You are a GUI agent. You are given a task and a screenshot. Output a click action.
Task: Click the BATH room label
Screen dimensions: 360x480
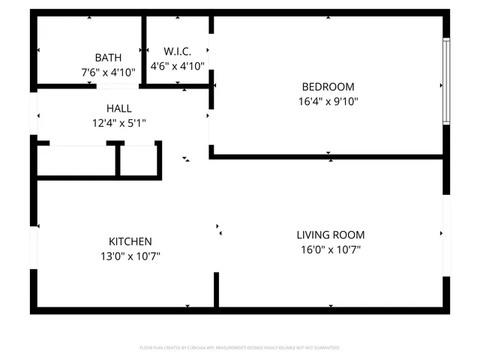109,58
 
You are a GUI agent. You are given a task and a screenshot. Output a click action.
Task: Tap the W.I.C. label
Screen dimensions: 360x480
177,52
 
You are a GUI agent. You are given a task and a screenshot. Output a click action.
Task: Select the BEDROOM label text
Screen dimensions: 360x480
328,86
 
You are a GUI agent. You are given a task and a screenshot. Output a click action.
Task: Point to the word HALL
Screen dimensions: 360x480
119,109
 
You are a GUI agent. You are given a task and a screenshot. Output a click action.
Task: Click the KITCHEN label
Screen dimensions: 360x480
130,241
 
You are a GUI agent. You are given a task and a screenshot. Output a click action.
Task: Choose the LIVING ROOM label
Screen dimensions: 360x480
330,235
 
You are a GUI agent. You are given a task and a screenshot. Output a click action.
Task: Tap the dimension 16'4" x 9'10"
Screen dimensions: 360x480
328,100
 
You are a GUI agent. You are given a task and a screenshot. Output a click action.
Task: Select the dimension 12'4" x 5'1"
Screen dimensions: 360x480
119,123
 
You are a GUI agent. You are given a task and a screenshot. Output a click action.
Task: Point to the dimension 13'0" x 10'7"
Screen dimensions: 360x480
130,256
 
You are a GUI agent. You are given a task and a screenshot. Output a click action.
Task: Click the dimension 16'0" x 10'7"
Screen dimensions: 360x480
330,249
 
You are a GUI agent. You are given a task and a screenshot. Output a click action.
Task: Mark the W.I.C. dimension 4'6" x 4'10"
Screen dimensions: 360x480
177,66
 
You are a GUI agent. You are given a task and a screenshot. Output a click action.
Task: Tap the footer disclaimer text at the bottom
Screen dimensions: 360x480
240,348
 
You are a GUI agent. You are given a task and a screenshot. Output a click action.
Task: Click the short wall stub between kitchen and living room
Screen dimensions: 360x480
216,289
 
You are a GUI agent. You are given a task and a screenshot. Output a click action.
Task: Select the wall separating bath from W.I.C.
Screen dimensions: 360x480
142,49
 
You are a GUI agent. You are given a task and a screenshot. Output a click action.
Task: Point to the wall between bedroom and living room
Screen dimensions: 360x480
328,157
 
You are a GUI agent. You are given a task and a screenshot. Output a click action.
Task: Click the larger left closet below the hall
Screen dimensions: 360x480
76,160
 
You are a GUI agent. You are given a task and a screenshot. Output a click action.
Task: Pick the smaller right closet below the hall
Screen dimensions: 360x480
139,160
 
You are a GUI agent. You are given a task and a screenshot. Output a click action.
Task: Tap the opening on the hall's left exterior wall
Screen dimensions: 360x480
34,116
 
